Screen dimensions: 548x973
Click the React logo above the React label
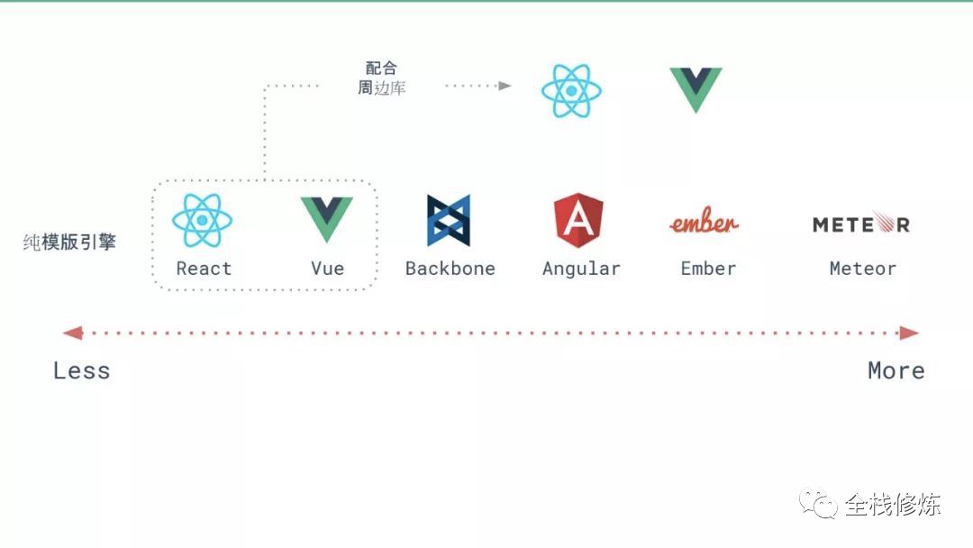[203, 220]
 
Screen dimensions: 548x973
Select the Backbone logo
[449, 221]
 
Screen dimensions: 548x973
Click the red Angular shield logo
[578, 221]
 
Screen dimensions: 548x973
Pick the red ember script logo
[704, 222]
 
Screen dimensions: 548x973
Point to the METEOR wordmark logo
[860, 224]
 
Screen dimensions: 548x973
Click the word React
[204, 269]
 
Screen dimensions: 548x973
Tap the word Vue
[328, 269]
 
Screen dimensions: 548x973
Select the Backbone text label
[450, 269]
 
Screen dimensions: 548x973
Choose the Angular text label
[581, 269]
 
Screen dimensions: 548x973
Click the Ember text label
[708, 269]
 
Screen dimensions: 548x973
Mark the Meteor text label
[862, 269]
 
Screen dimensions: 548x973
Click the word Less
[81, 370]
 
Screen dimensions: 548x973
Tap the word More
[896, 370]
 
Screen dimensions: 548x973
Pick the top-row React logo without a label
[571, 91]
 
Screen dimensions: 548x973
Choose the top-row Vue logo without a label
[696, 88]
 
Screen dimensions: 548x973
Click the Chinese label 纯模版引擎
[69, 242]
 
